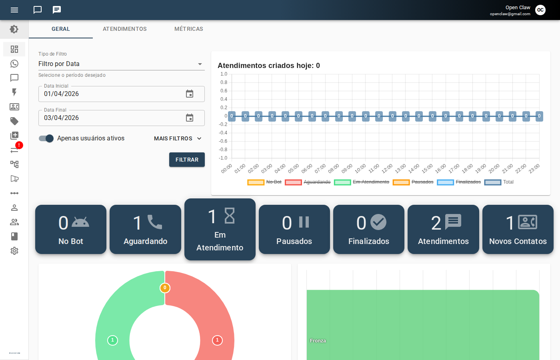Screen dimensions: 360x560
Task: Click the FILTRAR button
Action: (x=187, y=160)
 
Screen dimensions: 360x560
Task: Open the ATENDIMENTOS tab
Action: (x=125, y=29)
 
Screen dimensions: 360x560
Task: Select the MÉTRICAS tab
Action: (x=189, y=29)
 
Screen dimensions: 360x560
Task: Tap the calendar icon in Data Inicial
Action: (x=190, y=94)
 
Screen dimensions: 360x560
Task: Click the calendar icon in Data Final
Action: (x=190, y=118)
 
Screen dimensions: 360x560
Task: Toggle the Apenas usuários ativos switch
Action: (x=46, y=138)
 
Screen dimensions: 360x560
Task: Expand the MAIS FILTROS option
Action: (x=178, y=138)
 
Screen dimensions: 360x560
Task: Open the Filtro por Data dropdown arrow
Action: (x=200, y=64)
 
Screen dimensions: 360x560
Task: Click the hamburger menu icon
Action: (x=14, y=10)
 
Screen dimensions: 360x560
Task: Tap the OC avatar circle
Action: (x=540, y=10)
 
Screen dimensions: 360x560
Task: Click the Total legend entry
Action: (x=499, y=182)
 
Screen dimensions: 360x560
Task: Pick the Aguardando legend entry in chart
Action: (x=308, y=182)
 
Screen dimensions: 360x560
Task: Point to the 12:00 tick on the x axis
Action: (x=387, y=169)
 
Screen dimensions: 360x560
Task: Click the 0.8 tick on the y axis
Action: (x=224, y=82)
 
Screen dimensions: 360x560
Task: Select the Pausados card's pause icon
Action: (x=304, y=222)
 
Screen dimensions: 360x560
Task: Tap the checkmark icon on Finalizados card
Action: (x=378, y=222)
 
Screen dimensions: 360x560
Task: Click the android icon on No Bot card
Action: (x=80, y=222)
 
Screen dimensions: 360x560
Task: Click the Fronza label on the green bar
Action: (x=318, y=341)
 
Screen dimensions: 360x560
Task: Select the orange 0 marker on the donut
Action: (x=165, y=288)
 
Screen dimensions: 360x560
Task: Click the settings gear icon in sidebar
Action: (x=14, y=251)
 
